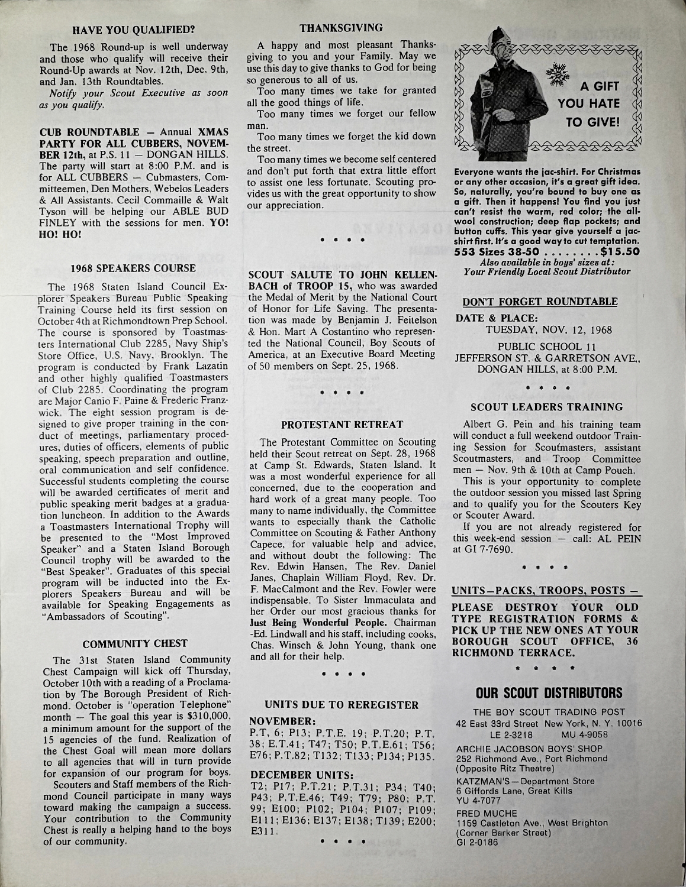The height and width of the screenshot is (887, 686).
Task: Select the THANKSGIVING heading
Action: click(341, 28)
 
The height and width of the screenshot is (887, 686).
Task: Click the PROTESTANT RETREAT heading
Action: click(342, 425)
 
